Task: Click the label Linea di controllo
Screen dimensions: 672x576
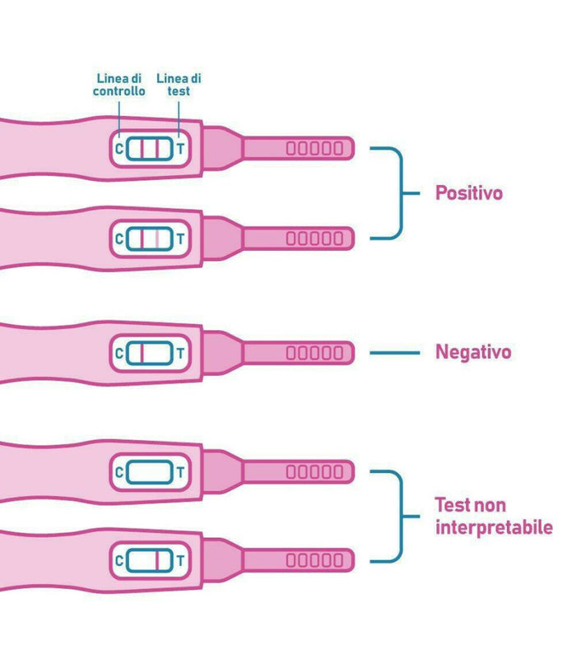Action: (119, 85)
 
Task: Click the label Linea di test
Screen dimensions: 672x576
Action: (179, 85)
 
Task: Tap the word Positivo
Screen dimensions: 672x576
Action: (468, 194)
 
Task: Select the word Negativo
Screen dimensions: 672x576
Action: (472, 353)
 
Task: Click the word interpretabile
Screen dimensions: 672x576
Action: (493, 527)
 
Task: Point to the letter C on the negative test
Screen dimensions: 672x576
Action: (119, 354)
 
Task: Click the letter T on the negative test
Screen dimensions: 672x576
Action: (180, 354)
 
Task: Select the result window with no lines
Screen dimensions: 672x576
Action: (150, 472)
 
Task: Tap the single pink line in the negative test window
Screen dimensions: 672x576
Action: (142, 354)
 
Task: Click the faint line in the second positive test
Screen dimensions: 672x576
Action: (156, 239)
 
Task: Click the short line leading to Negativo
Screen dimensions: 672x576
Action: (395, 354)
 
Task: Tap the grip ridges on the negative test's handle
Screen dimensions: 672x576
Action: (314, 354)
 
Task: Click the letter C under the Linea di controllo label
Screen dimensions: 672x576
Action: (119, 149)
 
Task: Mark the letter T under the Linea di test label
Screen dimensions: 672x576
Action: (180, 149)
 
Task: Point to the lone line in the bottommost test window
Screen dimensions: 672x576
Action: (156, 562)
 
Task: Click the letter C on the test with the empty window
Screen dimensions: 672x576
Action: (119, 472)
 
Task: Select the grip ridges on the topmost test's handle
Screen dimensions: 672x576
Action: (314, 149)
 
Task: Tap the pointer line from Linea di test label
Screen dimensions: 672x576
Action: (179, 115)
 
